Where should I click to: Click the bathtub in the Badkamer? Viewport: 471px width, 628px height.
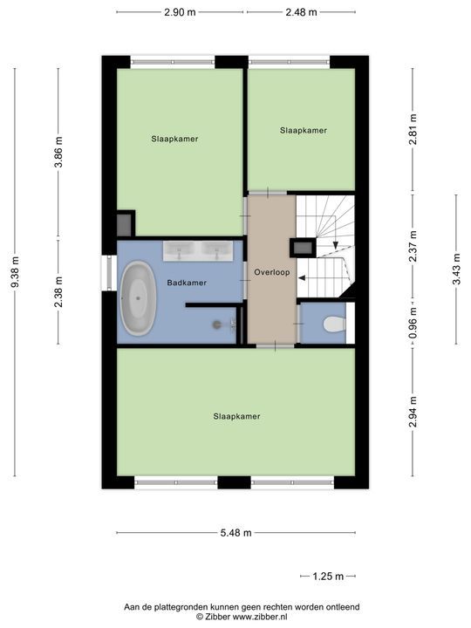coord(138,298)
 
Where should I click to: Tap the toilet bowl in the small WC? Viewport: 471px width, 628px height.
coord(334,324)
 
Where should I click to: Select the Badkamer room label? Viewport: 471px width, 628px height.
coord(187,283)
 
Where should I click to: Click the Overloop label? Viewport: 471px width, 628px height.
coord(272,272)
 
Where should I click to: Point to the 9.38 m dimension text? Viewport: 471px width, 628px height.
coord(15,272)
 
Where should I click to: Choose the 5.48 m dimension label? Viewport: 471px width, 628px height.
coord(235,533)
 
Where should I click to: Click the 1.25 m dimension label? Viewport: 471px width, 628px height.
coord(328,577)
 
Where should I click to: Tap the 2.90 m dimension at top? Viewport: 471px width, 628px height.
coord(180,12)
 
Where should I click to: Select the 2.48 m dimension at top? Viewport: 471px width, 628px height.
coord(301,12)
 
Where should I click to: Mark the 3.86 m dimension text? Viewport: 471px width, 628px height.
coord(58,152)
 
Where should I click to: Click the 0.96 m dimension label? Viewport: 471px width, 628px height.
coord(413,323)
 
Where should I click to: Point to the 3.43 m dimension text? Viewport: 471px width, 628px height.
coord(456,269)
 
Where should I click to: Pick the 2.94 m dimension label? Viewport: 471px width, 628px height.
coord(413,412)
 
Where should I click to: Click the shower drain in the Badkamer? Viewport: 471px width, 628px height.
coord(217,324)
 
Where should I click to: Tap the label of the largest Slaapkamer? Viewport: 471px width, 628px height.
coord(236,417)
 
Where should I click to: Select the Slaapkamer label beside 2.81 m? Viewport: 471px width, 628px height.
coord(304,131)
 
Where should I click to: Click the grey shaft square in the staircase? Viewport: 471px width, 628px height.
coord(303,248)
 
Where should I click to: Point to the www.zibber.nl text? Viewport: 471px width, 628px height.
coord(260,617)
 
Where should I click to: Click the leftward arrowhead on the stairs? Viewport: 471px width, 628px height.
coord(302,278)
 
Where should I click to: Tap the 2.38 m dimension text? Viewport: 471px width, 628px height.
coord(58,292)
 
